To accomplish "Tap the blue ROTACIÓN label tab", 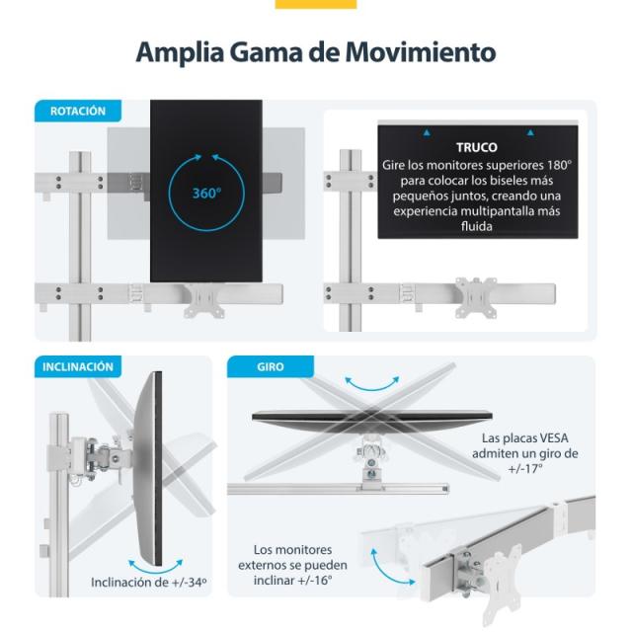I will (78, 112).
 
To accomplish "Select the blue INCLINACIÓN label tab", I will (78, 366).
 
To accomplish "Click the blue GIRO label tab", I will (270, 366).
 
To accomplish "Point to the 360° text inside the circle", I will (206, 193).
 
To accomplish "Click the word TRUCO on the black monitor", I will (477, 146).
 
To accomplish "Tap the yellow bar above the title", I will (315, 4).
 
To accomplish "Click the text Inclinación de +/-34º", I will (149, 582).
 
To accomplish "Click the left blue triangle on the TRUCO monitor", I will (427, 131).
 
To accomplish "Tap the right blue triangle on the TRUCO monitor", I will (529, 131).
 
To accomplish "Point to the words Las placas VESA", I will (525, 437).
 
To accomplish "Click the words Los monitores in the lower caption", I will (292, 549).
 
